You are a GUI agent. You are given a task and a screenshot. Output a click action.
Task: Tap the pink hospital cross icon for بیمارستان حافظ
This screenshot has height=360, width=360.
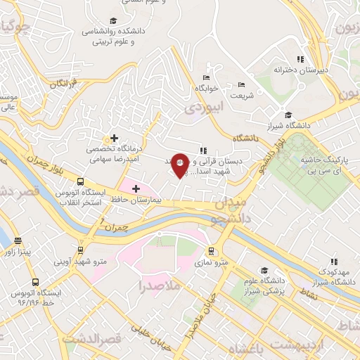[136, 188]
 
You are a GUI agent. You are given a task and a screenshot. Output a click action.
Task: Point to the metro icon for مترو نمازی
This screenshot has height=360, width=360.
[211, 250]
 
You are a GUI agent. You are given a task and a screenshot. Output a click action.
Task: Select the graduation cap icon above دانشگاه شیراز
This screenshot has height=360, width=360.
[288, 115]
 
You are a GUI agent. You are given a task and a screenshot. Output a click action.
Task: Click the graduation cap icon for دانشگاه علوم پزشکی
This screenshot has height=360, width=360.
[264, 270]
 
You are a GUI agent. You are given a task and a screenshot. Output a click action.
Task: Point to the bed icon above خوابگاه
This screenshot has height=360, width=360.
[206, 77]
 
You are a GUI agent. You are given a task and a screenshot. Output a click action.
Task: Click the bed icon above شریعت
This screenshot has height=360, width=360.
[243, 84]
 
